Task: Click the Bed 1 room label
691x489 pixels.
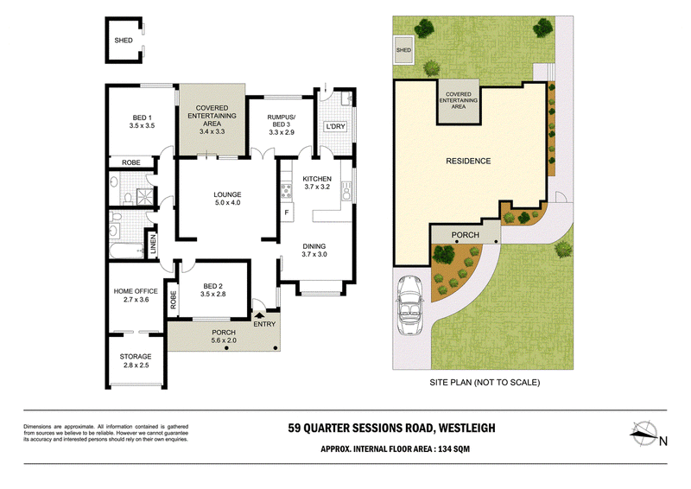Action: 142,122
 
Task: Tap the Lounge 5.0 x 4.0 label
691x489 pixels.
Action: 227,199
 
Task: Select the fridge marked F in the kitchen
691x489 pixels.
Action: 287,213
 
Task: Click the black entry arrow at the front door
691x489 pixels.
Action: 258,315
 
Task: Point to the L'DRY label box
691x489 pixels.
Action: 335,126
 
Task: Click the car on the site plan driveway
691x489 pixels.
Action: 409,305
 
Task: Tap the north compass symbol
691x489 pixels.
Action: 644,434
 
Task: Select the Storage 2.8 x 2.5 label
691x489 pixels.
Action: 136,360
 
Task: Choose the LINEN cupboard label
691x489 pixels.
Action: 153,244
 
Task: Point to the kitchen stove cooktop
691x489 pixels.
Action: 287,190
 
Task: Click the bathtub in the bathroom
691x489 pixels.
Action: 127,251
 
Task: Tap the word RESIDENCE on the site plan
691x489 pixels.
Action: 468,162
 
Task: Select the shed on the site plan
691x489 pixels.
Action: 403,50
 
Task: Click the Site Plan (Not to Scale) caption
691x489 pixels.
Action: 485,383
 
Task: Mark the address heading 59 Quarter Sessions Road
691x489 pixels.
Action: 392,429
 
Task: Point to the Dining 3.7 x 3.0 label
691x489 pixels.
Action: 314,251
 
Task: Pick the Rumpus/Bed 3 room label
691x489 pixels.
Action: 282,124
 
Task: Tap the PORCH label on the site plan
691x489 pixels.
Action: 466,235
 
